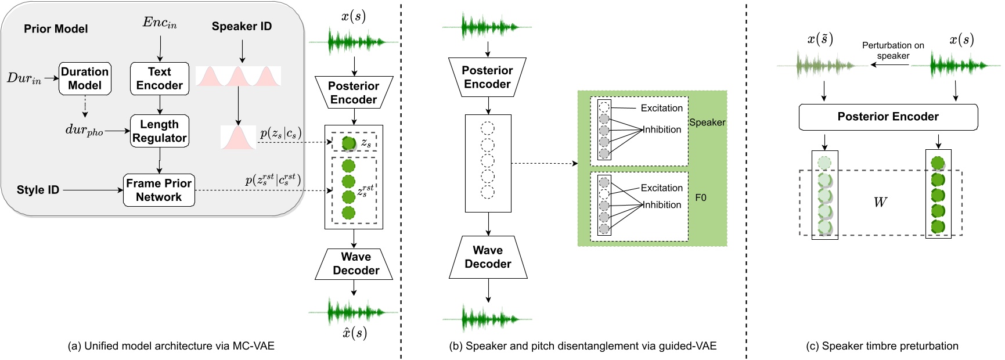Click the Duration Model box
coord(85,79)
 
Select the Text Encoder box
coord(160,79)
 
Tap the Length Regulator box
coord(160,131)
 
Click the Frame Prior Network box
coord(159,190)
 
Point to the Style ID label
coord(38,190)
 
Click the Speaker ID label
coord(242,27)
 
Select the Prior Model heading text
coord(56,29)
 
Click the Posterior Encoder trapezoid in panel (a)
coord(354,93)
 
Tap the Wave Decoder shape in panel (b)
coord(488,257)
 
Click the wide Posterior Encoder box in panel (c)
coord(888,117)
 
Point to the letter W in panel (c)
coord(880,203)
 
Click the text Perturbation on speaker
coord(893,51)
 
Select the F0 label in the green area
coord(701,198)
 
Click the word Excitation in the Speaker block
coord(661,108)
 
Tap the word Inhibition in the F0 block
coord(661,205)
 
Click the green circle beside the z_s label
coord(348,143)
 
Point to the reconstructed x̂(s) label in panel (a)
coord(354,333)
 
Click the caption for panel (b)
coord(582,346)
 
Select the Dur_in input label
coord(24,78)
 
